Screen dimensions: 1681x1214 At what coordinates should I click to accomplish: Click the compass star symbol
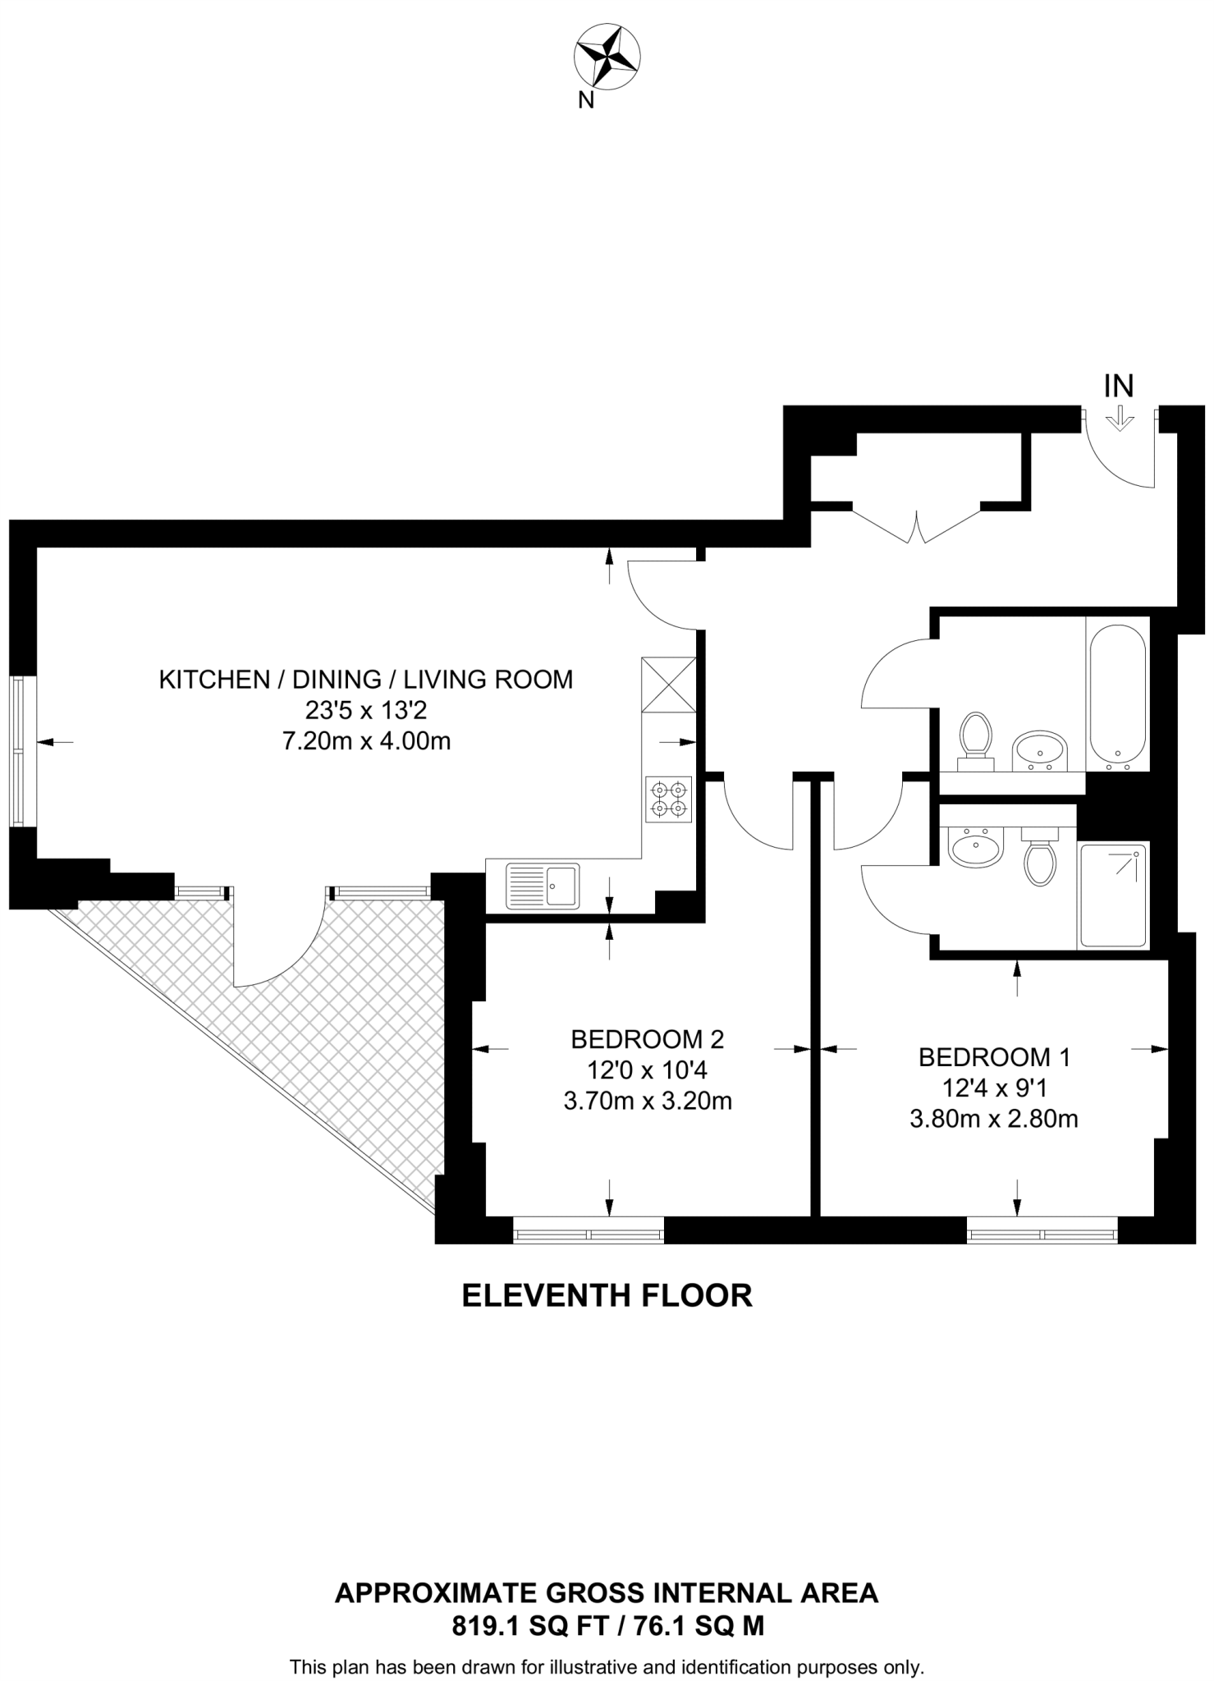pos(607,57)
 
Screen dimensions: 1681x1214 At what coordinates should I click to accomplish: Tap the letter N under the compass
pos(586,100)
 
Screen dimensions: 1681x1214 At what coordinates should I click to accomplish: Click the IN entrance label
pos(1119,385)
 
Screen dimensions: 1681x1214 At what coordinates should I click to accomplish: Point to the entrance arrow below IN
pos(1119,421)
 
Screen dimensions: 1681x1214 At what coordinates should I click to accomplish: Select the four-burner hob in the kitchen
pos(668,799)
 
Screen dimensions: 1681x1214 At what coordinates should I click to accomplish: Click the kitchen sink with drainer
pos(543,886)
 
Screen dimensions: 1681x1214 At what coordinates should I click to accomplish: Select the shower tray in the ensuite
pos(1113,895)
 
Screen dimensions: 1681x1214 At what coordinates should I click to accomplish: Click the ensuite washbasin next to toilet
pos(975,847)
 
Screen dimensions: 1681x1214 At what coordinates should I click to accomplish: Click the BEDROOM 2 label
pos(647,1039)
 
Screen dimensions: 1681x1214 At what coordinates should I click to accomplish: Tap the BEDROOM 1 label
pos(994,1057)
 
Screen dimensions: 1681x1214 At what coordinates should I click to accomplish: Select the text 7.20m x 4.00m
pos(366,742)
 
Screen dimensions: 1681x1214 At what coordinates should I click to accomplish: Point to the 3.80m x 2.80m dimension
pos(993,1118)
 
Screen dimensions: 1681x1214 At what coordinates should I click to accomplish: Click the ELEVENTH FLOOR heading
pos(607,1295)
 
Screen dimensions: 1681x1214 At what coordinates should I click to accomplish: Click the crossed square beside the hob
pos(668,685)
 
